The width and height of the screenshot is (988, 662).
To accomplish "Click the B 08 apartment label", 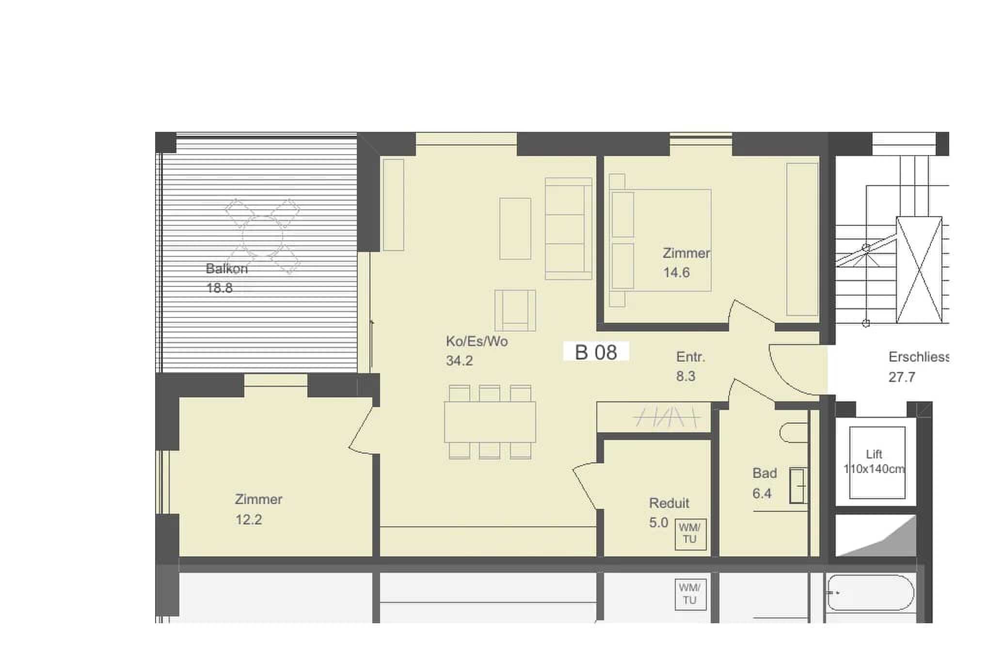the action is tap(596, 352).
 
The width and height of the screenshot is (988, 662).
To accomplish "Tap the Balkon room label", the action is tap(226, 268).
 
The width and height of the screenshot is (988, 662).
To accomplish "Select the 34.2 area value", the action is tap(459, 361).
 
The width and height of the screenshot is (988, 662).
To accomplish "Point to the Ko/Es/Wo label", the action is tap(477, 341).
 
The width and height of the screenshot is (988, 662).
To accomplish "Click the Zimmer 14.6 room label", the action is tap(686, 263).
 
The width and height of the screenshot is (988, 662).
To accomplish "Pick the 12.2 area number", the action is tap(249, 520).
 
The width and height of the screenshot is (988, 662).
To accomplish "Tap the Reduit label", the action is tap(669, 503).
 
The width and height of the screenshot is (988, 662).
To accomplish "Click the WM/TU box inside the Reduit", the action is tap(690, 534).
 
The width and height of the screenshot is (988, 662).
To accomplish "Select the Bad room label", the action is tap(765, 473).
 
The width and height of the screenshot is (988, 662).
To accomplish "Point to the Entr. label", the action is tap(690, 357).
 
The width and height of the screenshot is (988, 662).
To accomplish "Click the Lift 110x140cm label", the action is tap(875, 461).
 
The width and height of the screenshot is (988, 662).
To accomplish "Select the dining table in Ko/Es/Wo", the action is tap(490, 422).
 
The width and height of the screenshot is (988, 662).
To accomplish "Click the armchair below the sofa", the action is tap(515, 310).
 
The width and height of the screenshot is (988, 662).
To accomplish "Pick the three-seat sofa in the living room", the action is tap(568, 229).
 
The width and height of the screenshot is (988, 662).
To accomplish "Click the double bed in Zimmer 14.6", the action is tap(660, 240).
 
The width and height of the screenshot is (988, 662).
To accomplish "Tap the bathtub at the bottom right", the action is tap(870, 592).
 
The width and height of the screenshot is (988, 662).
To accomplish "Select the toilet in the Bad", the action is tap(794, 433).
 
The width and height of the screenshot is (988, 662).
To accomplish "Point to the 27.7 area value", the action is tap(902, 377).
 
